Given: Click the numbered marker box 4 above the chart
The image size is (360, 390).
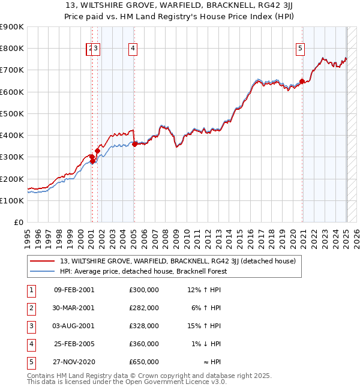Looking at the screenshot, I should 133,49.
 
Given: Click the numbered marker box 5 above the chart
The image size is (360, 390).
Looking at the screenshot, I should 301,49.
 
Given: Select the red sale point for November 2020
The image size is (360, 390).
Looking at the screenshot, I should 302,82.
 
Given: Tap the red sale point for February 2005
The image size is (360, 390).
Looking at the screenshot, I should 134,144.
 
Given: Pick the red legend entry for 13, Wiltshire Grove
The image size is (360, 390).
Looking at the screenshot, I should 173,261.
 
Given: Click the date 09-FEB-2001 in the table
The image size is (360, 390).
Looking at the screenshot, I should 74,290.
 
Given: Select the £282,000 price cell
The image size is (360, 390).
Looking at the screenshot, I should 143,308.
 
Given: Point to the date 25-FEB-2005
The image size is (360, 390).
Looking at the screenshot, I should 74,344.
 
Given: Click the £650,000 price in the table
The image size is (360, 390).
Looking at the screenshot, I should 143,362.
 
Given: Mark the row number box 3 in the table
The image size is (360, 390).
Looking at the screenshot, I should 31,326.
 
